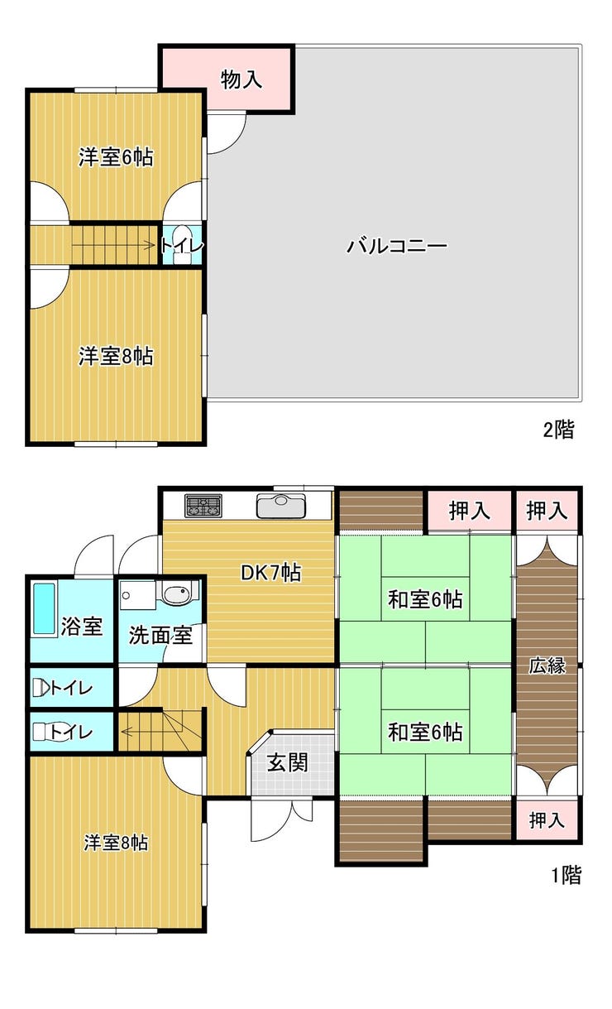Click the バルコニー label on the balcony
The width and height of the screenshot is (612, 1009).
(396, 246)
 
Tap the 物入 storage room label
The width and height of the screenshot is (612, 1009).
(241, 79)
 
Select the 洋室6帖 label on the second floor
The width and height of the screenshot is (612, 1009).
(116, 157)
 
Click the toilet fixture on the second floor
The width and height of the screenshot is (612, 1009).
(182, 243)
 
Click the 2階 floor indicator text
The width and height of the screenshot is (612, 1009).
(558, 430)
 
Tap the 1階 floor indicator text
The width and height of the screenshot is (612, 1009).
(567, 875)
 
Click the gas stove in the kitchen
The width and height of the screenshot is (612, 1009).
(203, 506)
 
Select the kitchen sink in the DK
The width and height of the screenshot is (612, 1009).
(281, 506)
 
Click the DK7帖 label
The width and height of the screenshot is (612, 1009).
(271, 573)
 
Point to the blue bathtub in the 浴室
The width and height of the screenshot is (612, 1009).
(45, 608)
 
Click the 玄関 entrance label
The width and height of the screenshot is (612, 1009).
(288, 762)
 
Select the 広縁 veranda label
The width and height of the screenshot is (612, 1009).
(547, 665)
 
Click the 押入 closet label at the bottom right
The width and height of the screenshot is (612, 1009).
(547, 819)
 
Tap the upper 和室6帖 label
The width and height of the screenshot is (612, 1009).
(425, 599)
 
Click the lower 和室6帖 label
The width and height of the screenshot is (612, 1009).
(425, 732)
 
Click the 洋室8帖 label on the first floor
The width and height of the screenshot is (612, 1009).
(116, 843)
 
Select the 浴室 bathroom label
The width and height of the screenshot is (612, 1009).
(81, 626)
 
